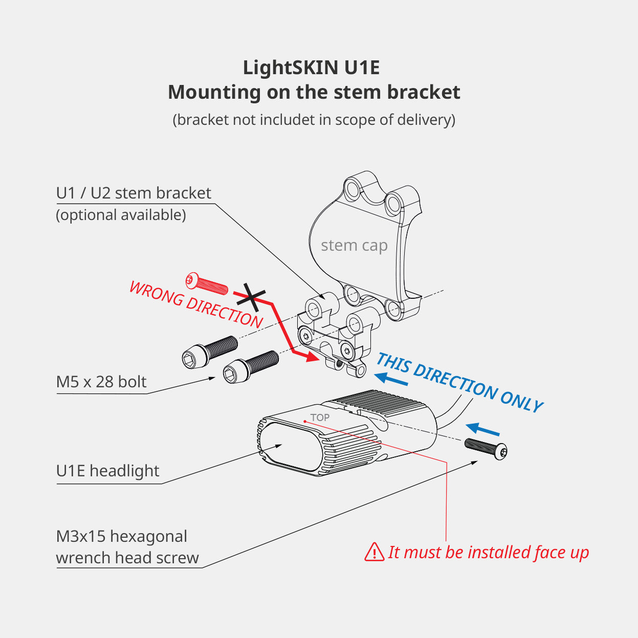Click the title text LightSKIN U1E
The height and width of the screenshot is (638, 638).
pos(311,68)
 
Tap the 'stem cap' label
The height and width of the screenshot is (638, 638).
pos(354,246)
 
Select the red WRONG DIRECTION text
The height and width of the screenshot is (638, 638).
pos(196,304)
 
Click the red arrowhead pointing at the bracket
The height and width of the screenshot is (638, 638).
pos(310,356)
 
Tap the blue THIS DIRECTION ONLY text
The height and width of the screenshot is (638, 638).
pos(459,382)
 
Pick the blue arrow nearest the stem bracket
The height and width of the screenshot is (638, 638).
pos(391,379)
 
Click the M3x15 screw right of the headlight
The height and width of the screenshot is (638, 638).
pos(487,448)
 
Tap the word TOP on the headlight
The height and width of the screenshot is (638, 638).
pos(320,417)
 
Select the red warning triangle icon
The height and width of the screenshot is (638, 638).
pos(374,552)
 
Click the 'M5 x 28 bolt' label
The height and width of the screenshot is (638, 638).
pos(101,382)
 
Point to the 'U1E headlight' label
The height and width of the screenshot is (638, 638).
pos(108,471)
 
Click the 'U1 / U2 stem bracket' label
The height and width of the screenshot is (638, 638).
pos(134,193)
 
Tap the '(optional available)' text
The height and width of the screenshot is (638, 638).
pos(121,215)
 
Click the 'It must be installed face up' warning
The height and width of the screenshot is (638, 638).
pos(488,553)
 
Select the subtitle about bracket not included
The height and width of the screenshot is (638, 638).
pos(314,120)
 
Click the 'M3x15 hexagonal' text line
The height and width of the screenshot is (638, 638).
pos(122,536)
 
